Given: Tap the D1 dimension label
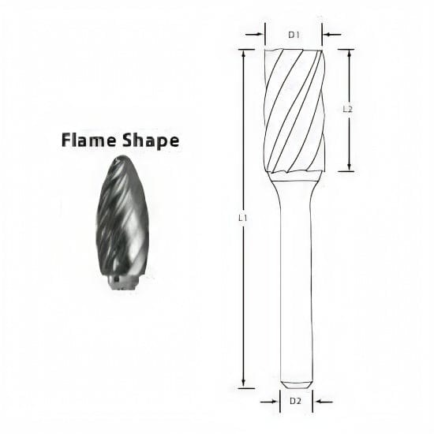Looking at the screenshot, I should tap(294, 35).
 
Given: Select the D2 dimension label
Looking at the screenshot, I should tap(294, 401).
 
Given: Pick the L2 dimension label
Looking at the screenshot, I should tap(348, 110).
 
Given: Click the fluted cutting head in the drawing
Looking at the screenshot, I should tap(296, 110).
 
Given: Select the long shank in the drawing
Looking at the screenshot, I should tap(297, 284).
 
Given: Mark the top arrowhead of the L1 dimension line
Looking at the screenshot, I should tap(244, 53).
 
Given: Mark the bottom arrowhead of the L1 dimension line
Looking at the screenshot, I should tap(244, 384).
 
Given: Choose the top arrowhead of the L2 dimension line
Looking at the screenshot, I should tap(350, 53).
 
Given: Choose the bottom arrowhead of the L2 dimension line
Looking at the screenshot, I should tap(350, 167).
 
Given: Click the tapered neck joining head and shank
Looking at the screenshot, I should tap(297, 181).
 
